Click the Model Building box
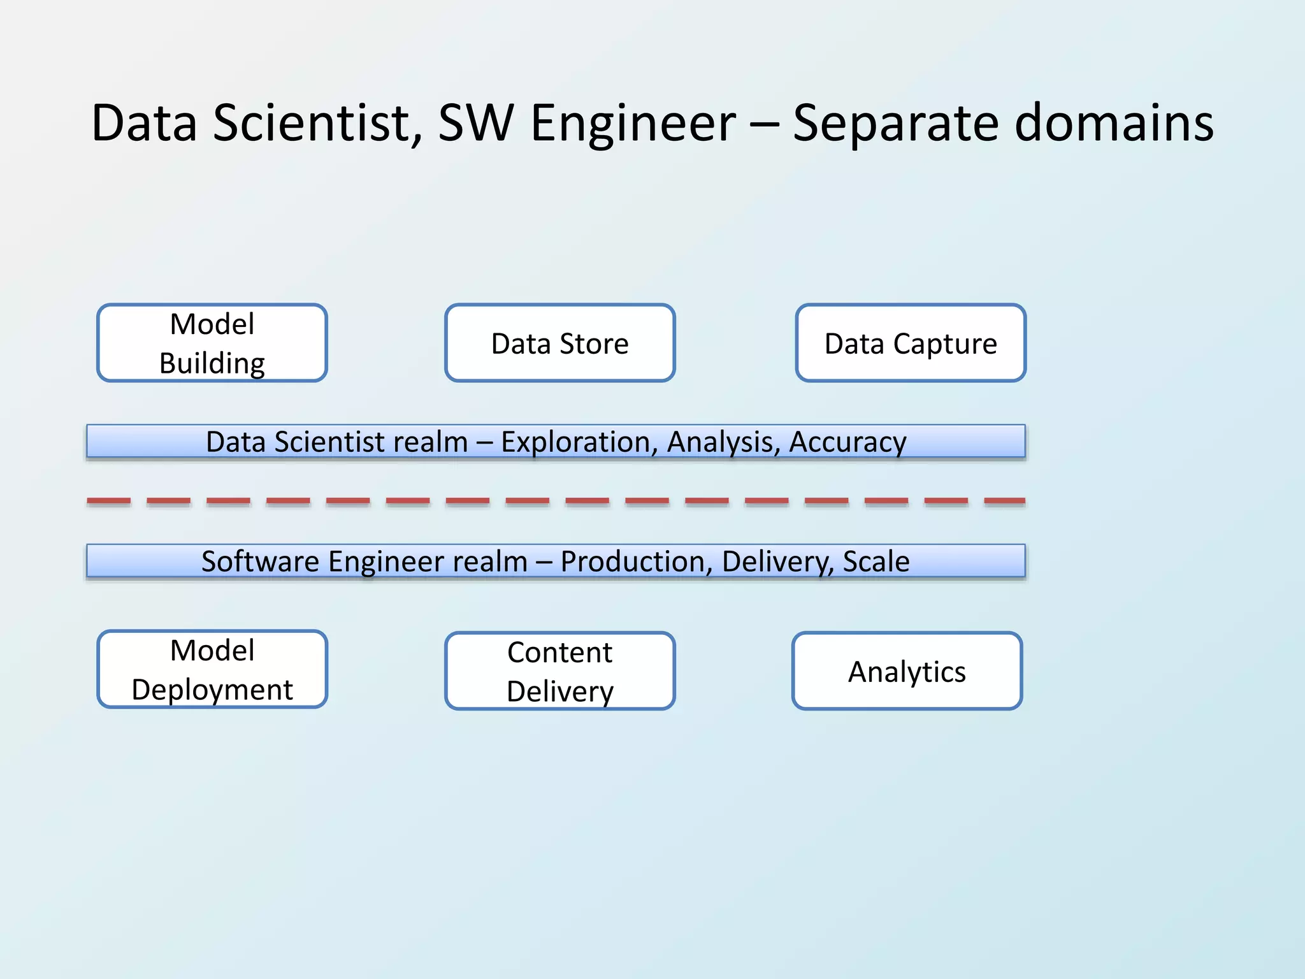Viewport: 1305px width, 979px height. [x=212, y=343]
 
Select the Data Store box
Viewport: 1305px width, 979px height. [x=559, y=343]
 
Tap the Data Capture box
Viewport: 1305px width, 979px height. [x=911, y=343]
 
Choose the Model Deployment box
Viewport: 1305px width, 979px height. [x=212, y=669]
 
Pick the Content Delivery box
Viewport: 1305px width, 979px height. [x=559, y=671]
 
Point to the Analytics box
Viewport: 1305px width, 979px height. [x=907, y=671]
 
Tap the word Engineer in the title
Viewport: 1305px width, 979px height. [x=633, y=122]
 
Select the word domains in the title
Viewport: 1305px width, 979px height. [x=1114, y=122]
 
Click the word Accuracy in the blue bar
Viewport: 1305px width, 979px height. [x=847, y=442]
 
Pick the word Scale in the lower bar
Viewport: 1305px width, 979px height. [x=876, y=562]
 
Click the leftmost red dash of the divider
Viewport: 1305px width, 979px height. [x=109, y=502]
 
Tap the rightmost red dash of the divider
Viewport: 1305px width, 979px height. [x=1005, y=502]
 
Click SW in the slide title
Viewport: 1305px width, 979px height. [x=476, y=122]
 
